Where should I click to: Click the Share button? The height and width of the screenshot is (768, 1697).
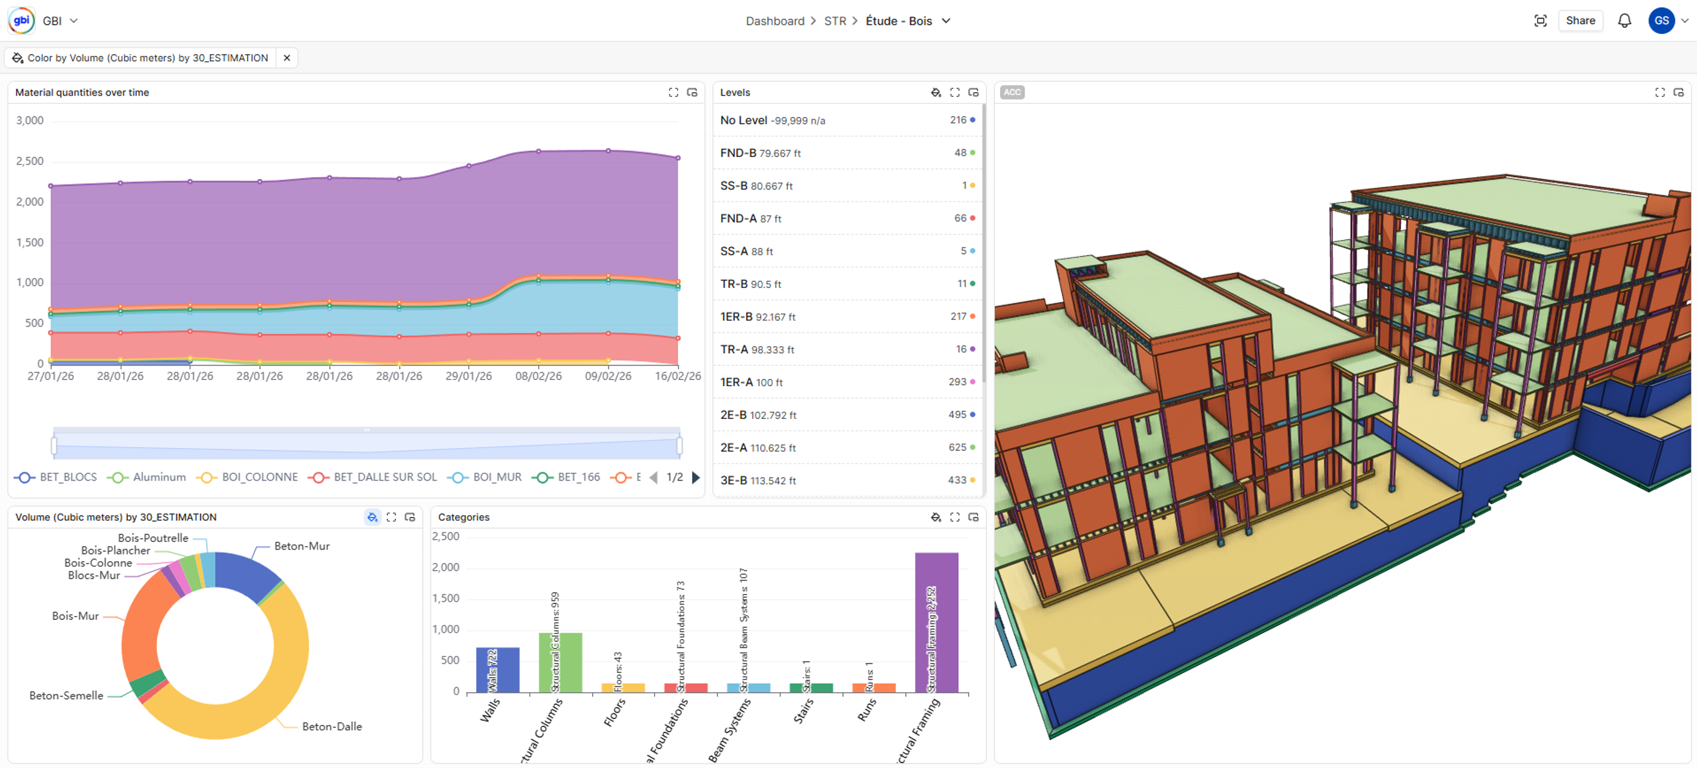click(1580, 21)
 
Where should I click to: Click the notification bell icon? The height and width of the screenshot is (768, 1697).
click(1624, 21)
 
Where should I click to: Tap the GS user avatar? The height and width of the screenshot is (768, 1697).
click(1661, 21)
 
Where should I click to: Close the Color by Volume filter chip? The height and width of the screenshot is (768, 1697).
click(287, 58)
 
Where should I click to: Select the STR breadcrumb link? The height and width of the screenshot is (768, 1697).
click(835, 21)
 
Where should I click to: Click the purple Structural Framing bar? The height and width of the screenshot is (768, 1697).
click(936, 622)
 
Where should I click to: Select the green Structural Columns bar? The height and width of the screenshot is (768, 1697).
click(560, 662)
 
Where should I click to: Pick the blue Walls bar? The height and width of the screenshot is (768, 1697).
click(498, 669)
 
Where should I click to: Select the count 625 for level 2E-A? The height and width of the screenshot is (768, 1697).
click(956, 447)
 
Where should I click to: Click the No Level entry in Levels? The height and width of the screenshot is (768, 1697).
click(743, 120)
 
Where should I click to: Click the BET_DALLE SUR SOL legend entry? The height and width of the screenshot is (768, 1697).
click(384, 477)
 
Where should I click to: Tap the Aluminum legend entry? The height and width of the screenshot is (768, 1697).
click(158, 477)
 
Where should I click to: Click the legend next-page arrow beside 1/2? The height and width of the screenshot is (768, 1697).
click(696, 478)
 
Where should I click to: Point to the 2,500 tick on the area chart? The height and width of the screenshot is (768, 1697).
click(30, 161)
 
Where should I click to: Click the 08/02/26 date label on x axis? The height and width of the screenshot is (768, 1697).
click(538, 376)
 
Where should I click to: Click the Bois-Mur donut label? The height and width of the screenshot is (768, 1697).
click(75, 615)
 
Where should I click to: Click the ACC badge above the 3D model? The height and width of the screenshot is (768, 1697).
click(1012, 92)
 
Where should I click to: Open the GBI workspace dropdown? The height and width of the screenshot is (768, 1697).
click(60, 21)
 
